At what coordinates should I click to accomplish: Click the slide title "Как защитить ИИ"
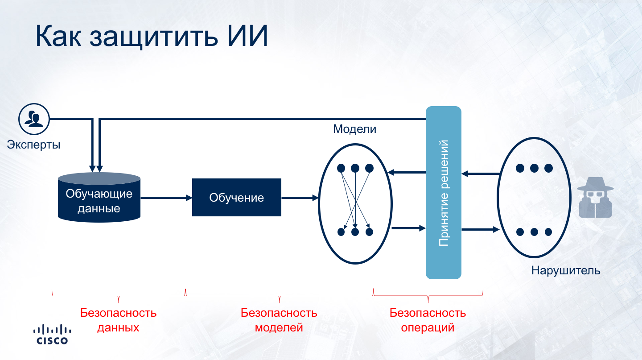coord(152,36)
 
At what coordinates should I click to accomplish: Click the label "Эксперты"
coord(33,145)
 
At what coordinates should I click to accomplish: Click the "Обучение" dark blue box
coord(236,198)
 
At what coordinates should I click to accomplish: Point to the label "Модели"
coord(354,129)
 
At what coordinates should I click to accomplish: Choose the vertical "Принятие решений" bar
coord(443,192)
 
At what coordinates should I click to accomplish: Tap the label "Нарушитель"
coord(565,270)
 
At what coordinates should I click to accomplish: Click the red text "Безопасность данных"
coord(118,320)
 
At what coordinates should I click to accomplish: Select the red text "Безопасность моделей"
coord(279,320)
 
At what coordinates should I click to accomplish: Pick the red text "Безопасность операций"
coord(428,320)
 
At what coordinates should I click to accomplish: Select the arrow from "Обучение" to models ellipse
coord(300,198)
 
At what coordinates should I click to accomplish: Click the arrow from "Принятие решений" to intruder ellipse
coord(480,229)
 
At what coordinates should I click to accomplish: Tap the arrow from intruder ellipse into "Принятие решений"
coord(480,174)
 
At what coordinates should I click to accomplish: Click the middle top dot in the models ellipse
coord(355,168)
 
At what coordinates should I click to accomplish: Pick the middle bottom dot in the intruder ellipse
coord(534,232)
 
